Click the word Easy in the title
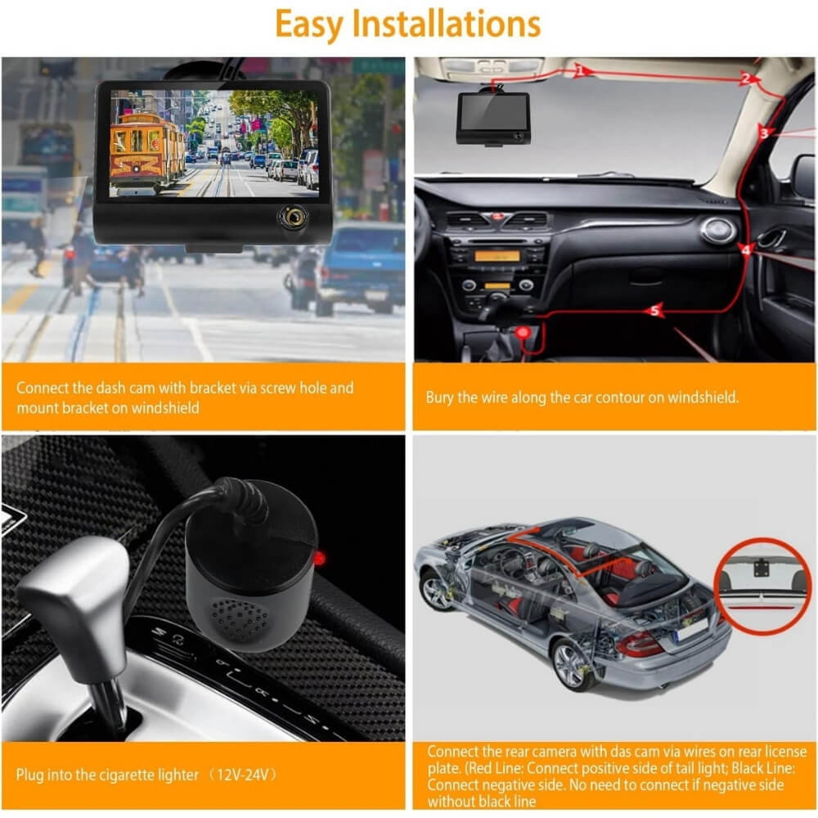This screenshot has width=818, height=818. (309, 24)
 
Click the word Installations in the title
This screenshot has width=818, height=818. (446, 24)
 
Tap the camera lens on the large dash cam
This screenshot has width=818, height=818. (293, 215)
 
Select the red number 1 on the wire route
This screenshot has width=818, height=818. (581, 70)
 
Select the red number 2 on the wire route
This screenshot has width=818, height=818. (747, 79)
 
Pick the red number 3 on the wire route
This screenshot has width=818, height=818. (764, 133)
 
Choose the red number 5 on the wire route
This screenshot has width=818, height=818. (654, 312)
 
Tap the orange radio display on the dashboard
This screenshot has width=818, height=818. (497, 256)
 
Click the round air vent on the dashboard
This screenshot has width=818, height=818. (718, 230)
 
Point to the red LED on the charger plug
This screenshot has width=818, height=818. (319, 559)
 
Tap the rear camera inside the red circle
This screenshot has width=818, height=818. (762, 568)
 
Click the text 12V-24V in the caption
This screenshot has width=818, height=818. (243, 774)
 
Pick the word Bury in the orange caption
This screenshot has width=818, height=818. (439, 398)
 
